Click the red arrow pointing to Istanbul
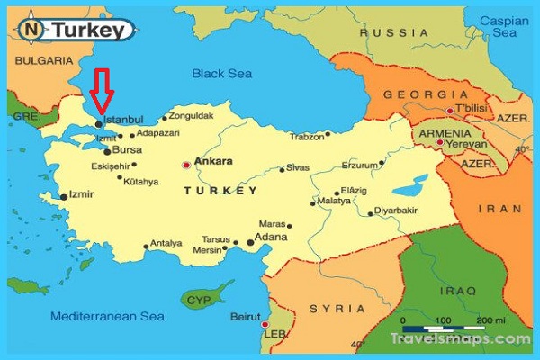(x=103, y=90)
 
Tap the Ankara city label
(x=214, y=162)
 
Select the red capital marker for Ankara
(x=187, y=165)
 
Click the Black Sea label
(x=220, y=74)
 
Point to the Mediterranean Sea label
(x=107, y=317)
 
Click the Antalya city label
(x=166, y=242)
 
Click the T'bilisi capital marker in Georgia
(x=448, y=111)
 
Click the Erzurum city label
(x=359, y=166)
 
